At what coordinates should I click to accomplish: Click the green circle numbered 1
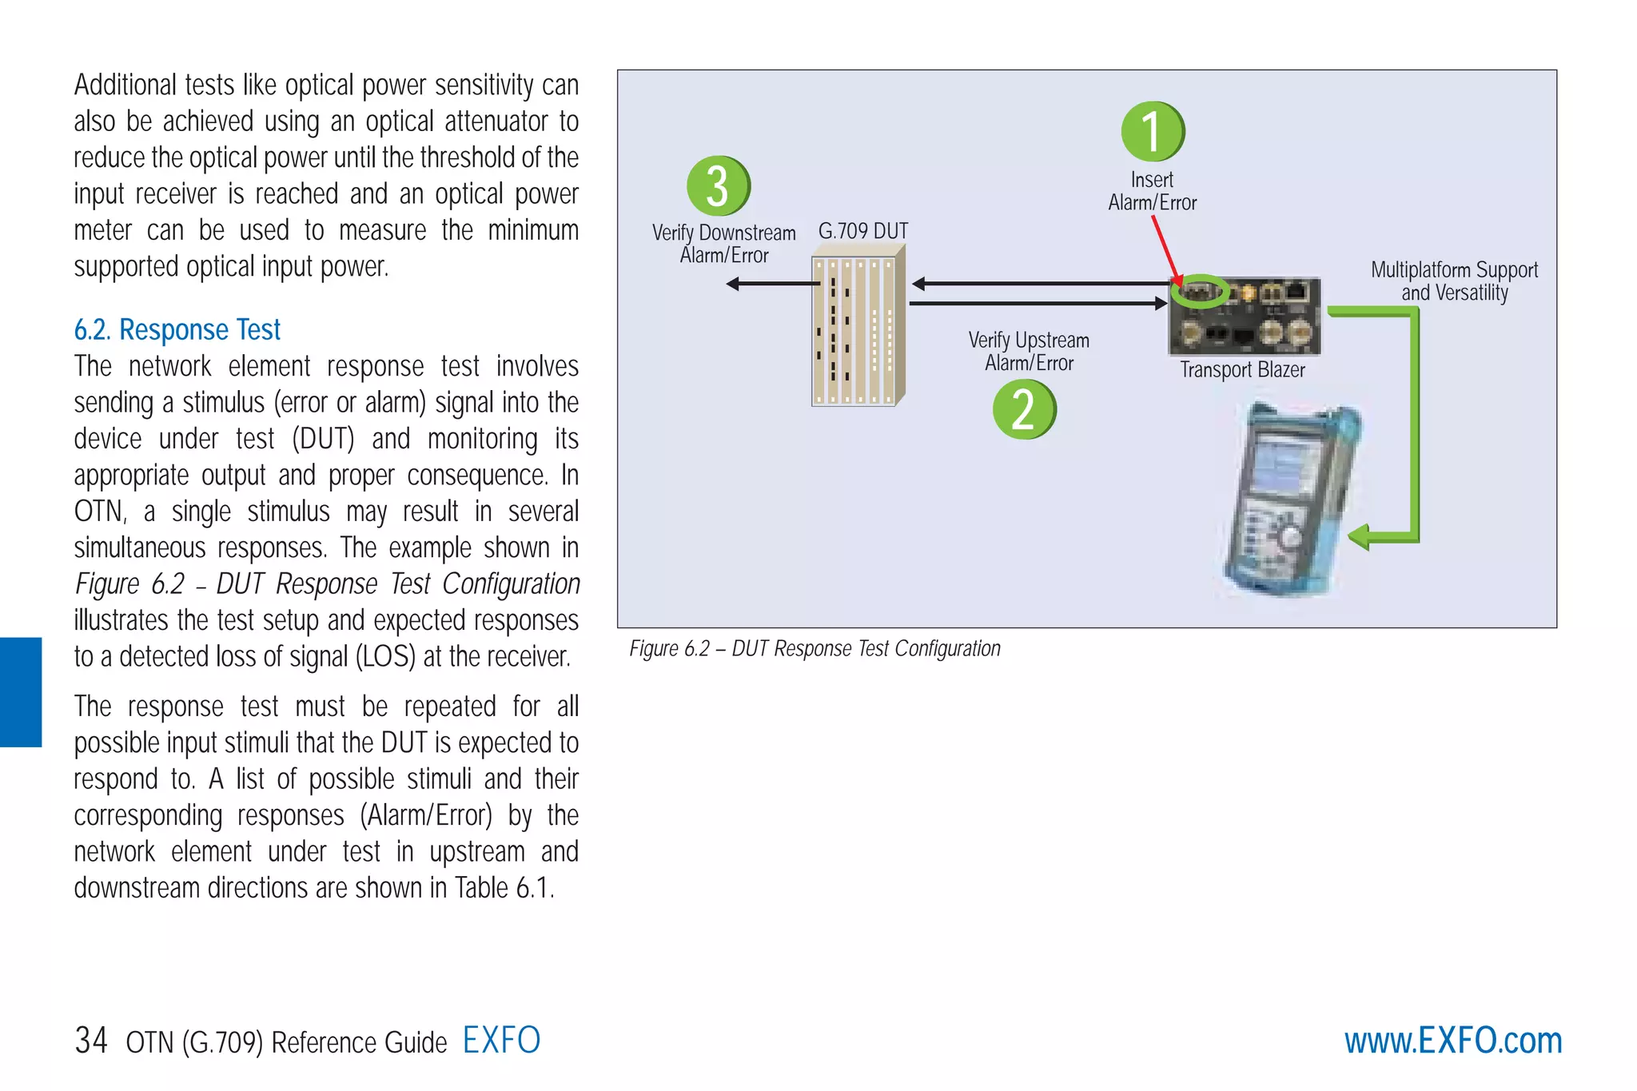(x=1152, y=131)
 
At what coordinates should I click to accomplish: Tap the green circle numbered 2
(x=1024, y=409)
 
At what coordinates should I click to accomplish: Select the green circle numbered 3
(x=718, y=185)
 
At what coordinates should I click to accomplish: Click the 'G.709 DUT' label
(x=863, y=231)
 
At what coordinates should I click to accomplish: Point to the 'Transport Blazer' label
(x=1242, y=370)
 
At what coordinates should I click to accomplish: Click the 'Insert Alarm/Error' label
(x=1152, y=191)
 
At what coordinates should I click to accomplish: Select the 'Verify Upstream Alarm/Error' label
(x=1029, y=352)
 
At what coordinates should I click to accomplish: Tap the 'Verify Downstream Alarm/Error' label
(x=723, y=244)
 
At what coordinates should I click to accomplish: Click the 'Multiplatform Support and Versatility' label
(x=1454, y=281)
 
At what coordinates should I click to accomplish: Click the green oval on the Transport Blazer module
(x=1200, y=292)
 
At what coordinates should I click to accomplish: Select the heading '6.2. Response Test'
(x=177, y=330)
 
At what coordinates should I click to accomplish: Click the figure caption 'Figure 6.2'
(x=815, y=648)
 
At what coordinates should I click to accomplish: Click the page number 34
(x=91, y=1041)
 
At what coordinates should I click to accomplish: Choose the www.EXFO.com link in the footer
(x=1452, y=1041)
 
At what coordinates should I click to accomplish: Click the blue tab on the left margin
(x=21, y=692)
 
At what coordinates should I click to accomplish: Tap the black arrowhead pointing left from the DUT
(x=733, y=284)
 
